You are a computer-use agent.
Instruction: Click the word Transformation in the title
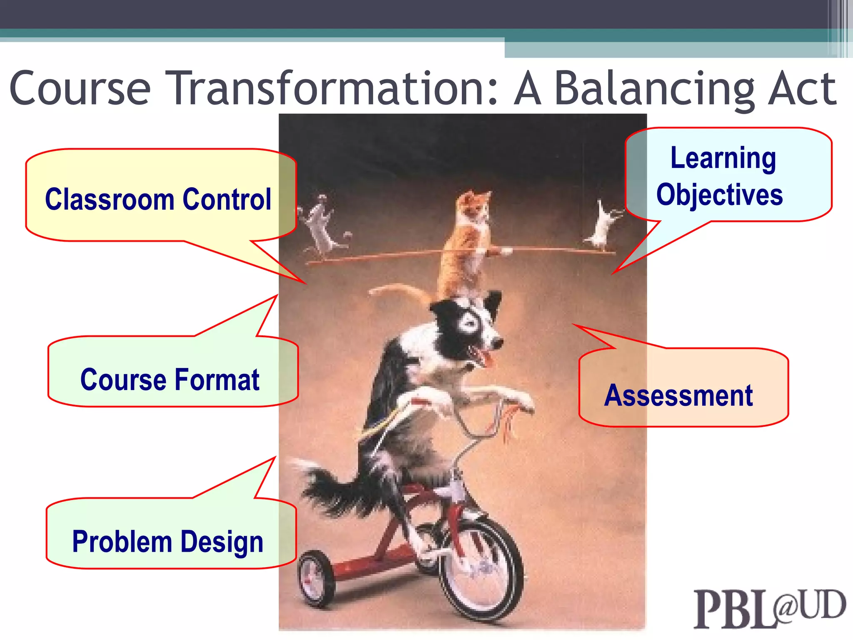point(331,88)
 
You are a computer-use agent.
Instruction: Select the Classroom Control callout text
point(158,199)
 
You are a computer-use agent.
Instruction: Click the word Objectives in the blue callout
point(719,195)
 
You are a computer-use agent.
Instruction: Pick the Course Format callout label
point(170,380)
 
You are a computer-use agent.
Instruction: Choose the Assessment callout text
point(678,395)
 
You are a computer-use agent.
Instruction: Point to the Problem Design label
point(167,542)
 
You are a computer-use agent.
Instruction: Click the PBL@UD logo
point(768,608)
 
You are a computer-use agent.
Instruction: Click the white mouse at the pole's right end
point(602,227)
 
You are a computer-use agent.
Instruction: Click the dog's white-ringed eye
point(470,323)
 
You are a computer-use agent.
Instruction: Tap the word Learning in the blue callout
point(723,158)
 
